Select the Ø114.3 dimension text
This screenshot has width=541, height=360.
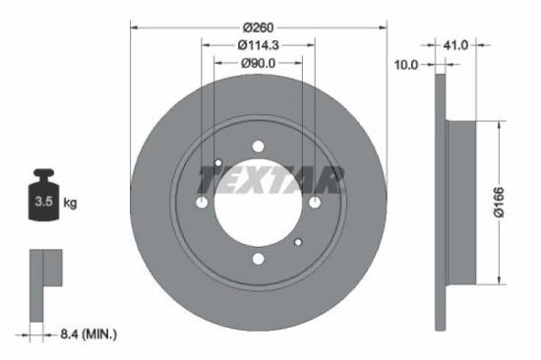click(258, 44)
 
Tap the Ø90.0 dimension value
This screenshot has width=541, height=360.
click(258, 63)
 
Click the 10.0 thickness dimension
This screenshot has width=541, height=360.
click(406, 64)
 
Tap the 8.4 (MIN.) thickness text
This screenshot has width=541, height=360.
click(86, 335)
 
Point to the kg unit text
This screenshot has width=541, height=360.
click(71, 204)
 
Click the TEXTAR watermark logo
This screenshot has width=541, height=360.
click(270, 180)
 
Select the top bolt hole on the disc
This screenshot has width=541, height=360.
click(258, 147)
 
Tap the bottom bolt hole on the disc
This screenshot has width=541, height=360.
click(258, 260)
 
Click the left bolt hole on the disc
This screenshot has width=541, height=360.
click(202, 203)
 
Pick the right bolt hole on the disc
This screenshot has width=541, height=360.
click(315, 203)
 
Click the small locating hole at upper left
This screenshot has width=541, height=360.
click(218, 163)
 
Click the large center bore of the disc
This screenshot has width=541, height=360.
click(258, 204)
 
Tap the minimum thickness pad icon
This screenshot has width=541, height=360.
click(44, 284)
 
